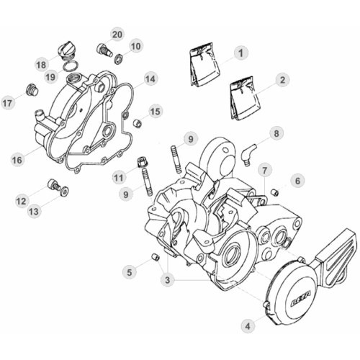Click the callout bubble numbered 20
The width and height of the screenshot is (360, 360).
[117, 35]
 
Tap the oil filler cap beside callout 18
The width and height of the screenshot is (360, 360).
[66, 50]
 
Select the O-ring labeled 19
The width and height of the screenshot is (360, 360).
[71, 66]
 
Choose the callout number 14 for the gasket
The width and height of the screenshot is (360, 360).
[150, 79]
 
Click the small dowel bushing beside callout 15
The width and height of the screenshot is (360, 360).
[138, 123]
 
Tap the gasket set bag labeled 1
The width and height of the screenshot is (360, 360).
[204, 64]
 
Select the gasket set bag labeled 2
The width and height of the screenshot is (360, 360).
[245, 99]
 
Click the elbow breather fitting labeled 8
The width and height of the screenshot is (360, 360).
[248, 153]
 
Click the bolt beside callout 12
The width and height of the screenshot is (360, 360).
[54, 185]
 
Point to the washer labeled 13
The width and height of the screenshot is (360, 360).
[65, 191]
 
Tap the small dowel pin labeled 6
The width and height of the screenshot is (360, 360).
[275, 192]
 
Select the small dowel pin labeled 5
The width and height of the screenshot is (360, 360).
[156, 258]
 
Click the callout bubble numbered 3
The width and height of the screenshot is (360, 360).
[167, 279]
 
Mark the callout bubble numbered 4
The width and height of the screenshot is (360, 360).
[248, 326]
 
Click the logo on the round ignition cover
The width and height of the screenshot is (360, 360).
[301, 300]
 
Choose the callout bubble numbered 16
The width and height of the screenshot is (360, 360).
[17, 160]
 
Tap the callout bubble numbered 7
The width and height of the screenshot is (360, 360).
[265, 171]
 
